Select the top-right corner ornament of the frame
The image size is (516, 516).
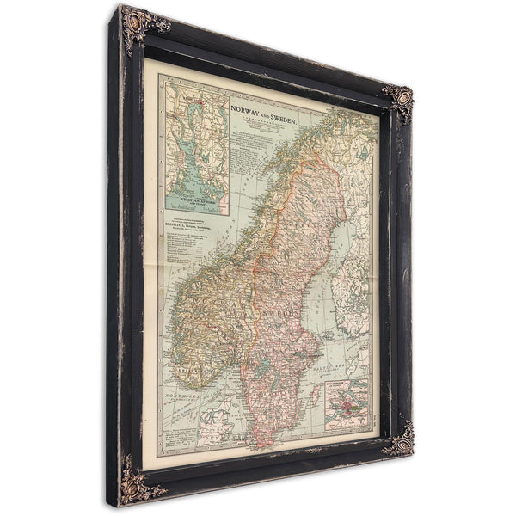coord(397,102)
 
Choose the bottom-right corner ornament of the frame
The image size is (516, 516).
coord(397,441)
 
